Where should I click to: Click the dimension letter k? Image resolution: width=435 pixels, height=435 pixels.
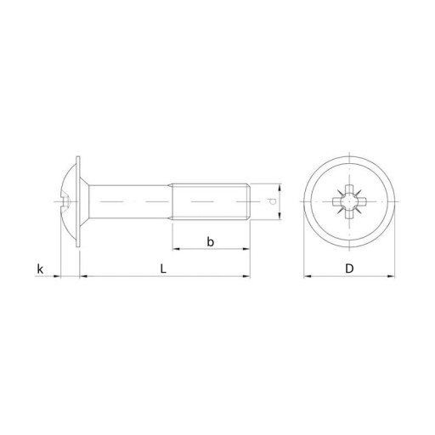(40, 268)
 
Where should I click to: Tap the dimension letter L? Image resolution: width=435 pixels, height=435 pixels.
(163, 268)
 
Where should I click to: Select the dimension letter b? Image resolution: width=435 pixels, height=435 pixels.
(210, 241)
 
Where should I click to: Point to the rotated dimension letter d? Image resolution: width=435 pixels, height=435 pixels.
(272, 201)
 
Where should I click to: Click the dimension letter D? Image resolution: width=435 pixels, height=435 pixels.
(349, 268)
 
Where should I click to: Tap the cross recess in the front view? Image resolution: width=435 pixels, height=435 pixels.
(349, 201)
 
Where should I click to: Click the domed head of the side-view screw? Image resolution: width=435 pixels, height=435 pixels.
(69, 201)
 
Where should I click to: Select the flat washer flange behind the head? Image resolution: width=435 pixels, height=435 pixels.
(78, 201)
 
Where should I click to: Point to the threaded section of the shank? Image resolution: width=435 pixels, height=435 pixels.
(210, 201)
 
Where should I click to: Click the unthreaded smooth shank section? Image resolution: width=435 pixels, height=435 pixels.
(130, 201)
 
